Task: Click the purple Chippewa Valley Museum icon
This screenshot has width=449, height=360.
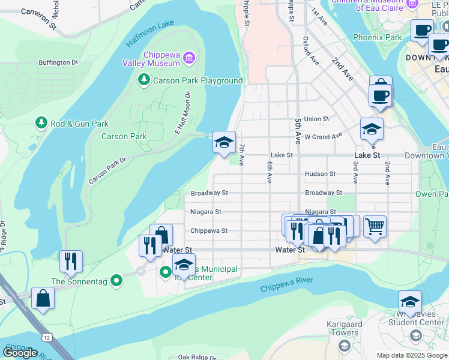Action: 189,58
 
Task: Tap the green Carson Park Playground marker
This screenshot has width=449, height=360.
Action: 143,80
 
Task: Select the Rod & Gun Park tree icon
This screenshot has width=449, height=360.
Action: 41,123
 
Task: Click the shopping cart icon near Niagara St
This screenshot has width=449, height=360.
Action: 375,227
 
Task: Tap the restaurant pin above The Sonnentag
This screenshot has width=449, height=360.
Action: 71,262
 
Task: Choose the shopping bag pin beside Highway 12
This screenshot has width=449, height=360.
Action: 43,298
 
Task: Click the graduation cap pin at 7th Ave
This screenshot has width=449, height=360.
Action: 224,143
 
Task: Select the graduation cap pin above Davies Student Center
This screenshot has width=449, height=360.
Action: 410,302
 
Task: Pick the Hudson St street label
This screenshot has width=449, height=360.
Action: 320,174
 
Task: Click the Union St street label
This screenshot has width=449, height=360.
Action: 316,119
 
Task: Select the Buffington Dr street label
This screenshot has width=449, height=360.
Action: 59,62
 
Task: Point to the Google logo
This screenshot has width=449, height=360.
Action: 20,353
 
